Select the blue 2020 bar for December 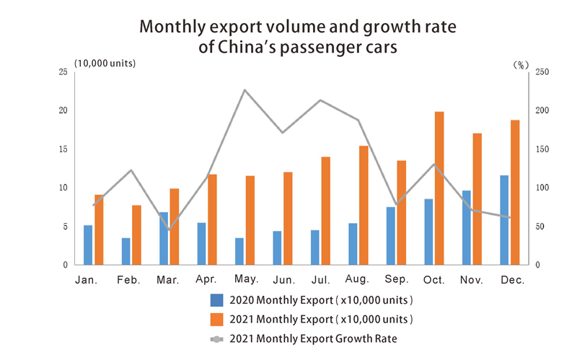504,220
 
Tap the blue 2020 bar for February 126,251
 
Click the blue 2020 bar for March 164,238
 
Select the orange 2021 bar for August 364,205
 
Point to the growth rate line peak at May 245,90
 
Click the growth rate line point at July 320,100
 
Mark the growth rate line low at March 169,229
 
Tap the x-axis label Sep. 397,278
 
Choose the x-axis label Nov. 472,278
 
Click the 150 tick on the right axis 540,149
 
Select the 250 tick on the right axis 540,72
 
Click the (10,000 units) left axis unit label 105,63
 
